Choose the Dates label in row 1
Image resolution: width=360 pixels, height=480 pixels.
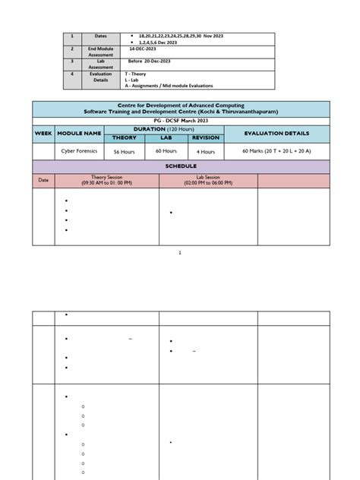(x=102, y=36)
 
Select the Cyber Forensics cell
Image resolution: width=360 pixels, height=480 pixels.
(x=81, y=151)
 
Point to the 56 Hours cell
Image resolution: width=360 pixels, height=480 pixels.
(x=124, y=152)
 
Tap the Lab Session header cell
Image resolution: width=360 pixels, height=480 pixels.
(x=207, y=180)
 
